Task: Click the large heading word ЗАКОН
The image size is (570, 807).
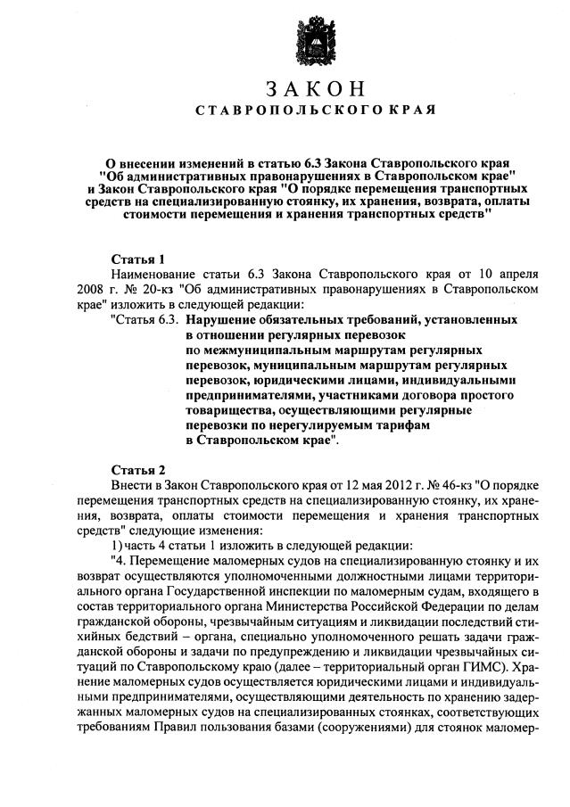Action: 315,90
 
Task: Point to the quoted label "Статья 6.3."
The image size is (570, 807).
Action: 144,318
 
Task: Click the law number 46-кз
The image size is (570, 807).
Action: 454,485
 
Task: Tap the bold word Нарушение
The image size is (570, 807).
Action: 226,318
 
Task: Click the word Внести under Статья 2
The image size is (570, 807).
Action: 134,485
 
